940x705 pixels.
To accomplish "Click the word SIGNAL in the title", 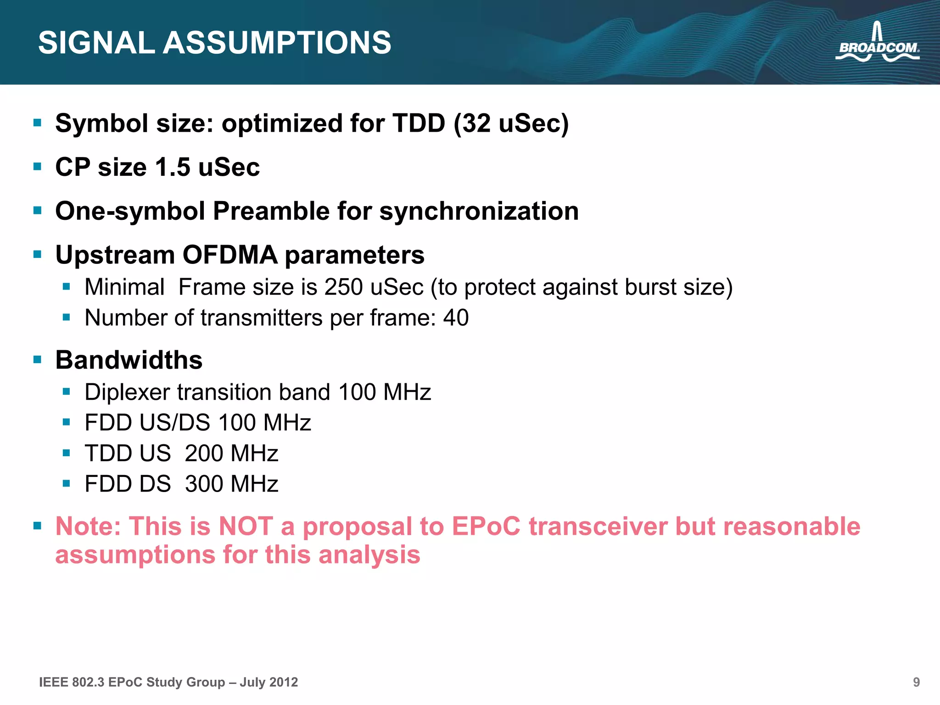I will [x=96, y=43].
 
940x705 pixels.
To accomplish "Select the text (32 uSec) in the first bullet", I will [x=511, y=123].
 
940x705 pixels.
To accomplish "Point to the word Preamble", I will [x=271, y=211].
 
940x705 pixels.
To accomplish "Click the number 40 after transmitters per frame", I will [x=456, y=318].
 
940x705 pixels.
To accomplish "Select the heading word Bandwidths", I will [x=129, y=360].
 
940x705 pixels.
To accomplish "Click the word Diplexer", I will [x=127, y=392].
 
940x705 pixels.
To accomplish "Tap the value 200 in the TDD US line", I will [x=204, y=453].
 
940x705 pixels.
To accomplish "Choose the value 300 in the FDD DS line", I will [x=204, y=484].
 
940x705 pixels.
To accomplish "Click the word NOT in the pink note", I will [x=246, y=526].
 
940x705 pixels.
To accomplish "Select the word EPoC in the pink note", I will [x=486, y=526].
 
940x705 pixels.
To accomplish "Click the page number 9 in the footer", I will [x=916, y=683].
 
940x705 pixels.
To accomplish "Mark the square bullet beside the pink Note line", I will [x=38, y=525].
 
